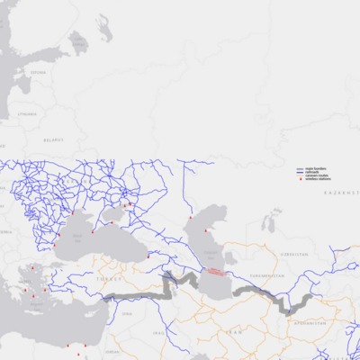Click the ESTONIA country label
tap(37, 73)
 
